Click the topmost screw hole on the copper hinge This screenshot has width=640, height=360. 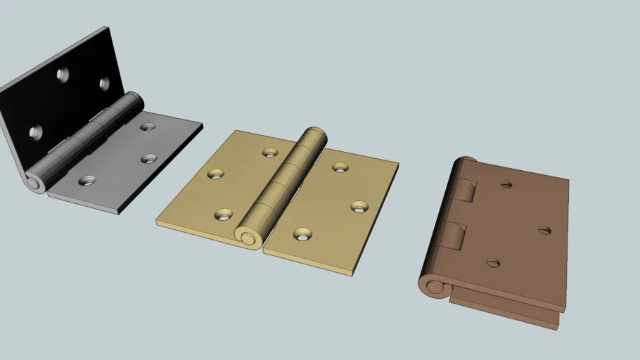(506, 185)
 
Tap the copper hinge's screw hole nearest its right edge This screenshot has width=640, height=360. (544, 229)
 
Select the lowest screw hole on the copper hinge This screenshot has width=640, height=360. (493, 263)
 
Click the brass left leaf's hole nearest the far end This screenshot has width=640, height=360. (270, 152)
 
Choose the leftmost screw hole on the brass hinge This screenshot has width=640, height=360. (215, 173)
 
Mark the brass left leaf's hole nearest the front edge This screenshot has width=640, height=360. (224, 214)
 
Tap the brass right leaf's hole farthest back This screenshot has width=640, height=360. (340, 167)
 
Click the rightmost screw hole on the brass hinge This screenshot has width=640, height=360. (360, 207)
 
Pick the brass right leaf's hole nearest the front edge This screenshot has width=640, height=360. (303, 233)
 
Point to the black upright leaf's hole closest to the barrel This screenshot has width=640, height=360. (105, 84)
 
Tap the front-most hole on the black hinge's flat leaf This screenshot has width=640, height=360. (87, 181)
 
